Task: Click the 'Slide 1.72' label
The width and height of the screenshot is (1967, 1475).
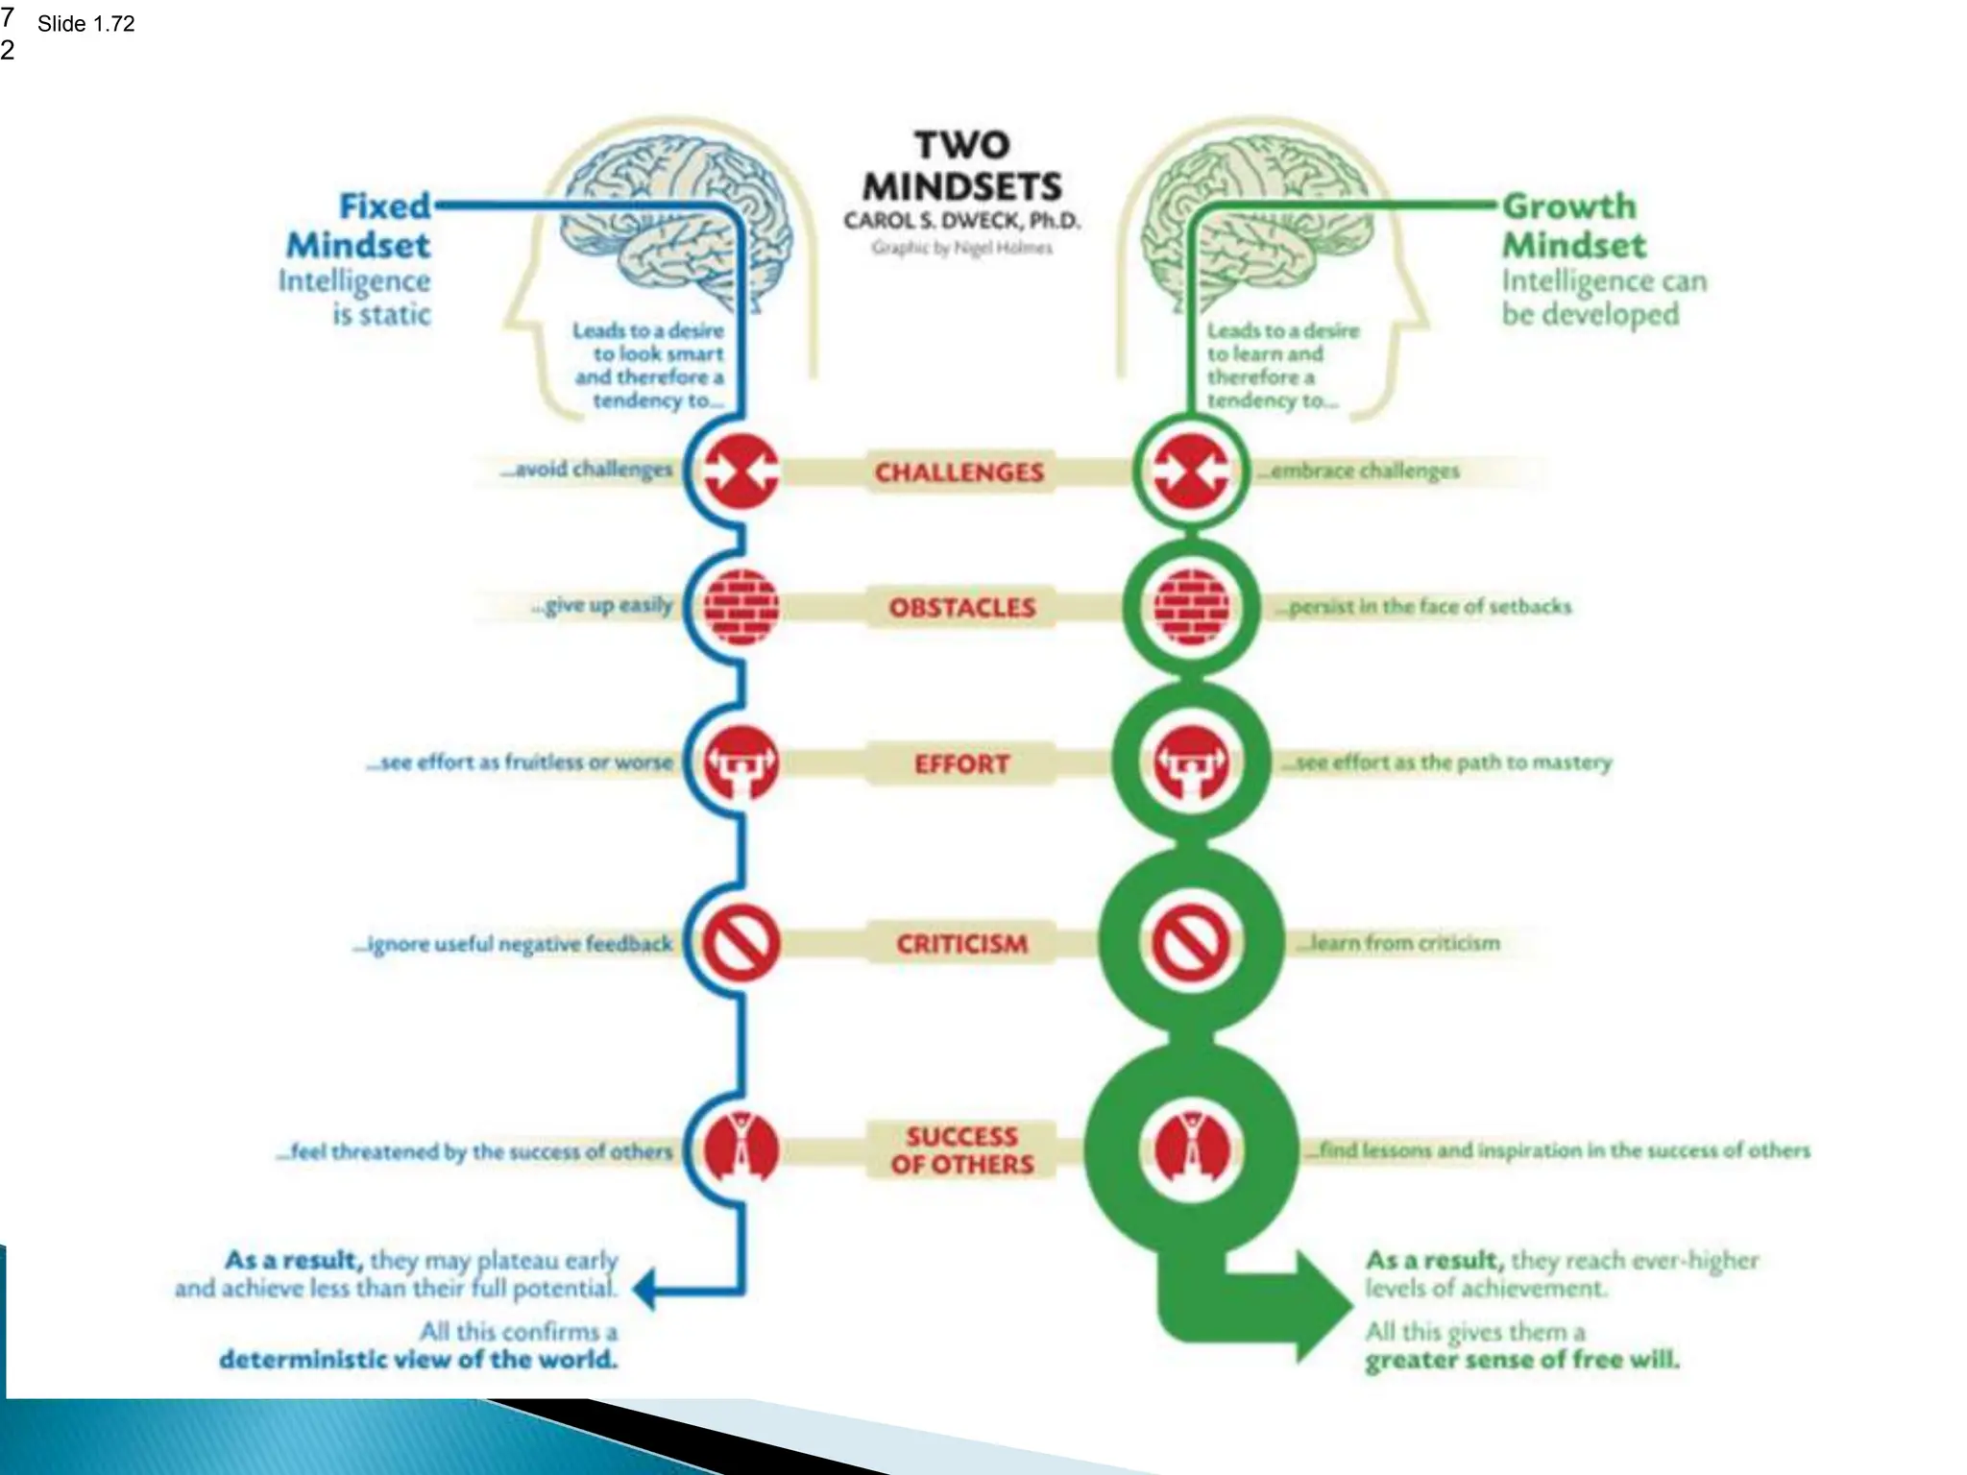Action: [85, 24]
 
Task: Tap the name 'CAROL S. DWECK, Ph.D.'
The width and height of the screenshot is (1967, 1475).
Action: [961, 221]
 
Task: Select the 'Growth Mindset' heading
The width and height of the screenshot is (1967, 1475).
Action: [1572, 226]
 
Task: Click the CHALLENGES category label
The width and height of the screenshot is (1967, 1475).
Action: [959, 472]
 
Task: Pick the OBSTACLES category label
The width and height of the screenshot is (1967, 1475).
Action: [961, 608]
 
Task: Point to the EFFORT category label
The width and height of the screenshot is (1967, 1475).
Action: [961, 764]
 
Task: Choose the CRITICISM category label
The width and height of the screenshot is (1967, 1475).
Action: [961, 944]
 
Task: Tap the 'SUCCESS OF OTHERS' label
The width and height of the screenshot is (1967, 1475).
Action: [961, 1150]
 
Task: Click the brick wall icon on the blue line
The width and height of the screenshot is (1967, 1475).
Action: [741, 607]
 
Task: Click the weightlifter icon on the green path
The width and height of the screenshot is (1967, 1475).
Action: [1191, 762]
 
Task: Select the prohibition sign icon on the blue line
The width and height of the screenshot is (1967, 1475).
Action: [741, 943]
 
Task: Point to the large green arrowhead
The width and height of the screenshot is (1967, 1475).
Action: [1321, 1305]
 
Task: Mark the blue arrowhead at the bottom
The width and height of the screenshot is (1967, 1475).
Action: [646, 1289]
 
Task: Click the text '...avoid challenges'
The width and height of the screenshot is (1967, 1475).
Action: [586, 470]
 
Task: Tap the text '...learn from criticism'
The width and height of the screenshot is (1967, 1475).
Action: [1397, 943]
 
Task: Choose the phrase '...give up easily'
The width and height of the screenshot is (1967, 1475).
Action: [602, 606]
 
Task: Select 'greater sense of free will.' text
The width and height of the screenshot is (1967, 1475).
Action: [1521, 1360]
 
